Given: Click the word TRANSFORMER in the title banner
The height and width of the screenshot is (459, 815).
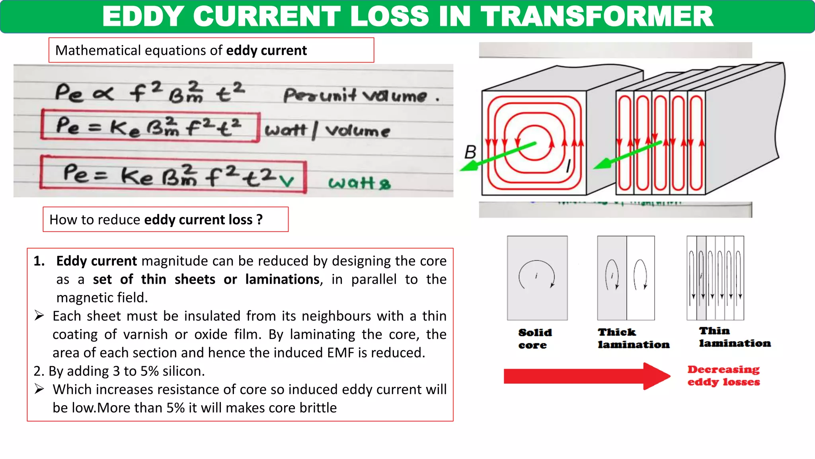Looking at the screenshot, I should (597, 17).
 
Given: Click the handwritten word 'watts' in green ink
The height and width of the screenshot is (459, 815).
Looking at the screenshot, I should (359, 183).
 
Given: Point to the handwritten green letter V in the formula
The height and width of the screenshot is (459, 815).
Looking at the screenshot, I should (287, 181).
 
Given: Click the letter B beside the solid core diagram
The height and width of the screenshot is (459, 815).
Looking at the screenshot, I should (470, 152).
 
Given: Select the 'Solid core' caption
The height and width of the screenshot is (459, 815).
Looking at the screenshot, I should (534, 339).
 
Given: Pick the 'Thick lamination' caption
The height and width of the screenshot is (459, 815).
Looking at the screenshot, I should (633, 338).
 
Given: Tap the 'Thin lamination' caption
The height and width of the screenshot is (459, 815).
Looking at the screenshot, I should (734, 337).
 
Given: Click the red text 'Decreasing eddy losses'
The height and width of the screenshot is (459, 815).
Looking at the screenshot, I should (723, 376).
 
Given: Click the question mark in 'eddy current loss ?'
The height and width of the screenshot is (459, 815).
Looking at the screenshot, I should (259, 220).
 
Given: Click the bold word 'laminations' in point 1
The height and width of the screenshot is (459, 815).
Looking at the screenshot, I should (282, 279).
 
